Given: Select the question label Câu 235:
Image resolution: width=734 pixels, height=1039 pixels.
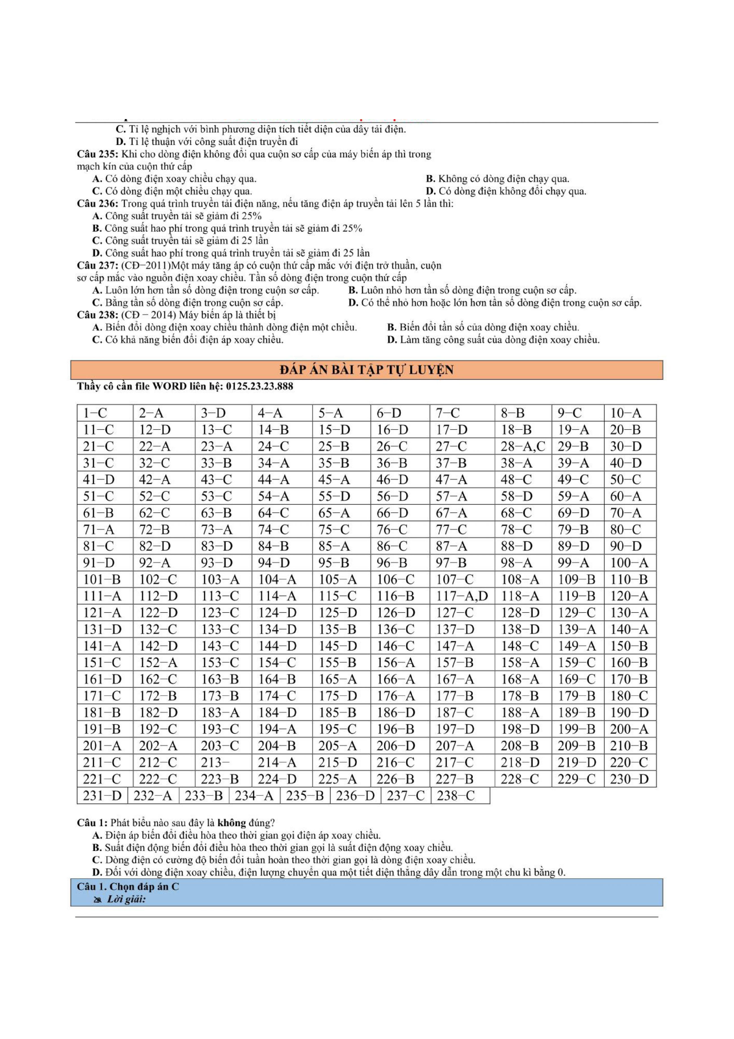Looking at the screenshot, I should tap(98, 154).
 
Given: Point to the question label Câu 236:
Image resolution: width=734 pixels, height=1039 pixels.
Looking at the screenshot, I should tap(98, 204).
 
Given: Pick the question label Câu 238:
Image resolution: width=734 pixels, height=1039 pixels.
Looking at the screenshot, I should tap(98, 315).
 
